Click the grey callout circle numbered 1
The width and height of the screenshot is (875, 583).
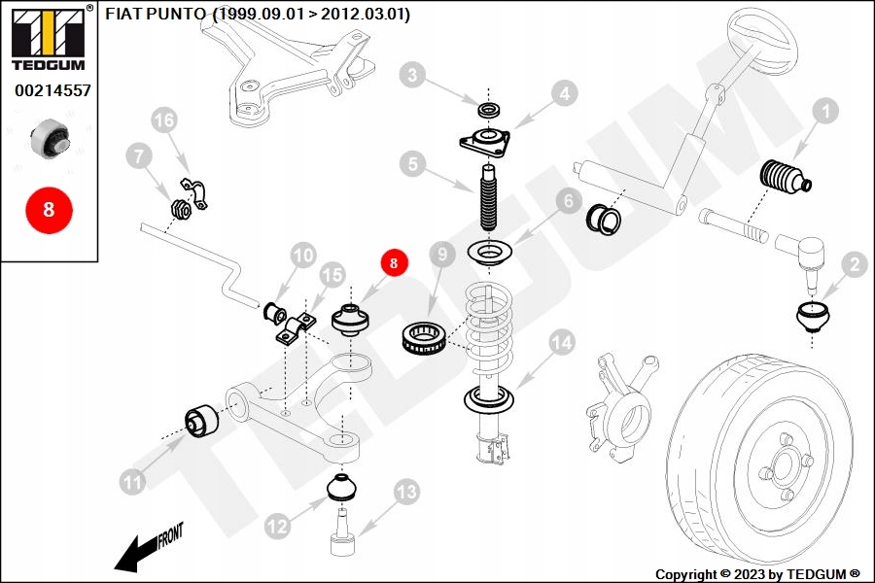[825, 112]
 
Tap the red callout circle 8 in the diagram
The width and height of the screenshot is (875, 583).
[394, 262]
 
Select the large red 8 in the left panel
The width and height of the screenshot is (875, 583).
[49, 208]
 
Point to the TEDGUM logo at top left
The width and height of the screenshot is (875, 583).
[47, 37]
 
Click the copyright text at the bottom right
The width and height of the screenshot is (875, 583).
[757, 573]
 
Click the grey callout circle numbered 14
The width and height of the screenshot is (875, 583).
[561, 342]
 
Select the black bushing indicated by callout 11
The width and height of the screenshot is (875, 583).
[201, 420]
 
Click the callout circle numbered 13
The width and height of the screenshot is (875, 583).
[404, 492]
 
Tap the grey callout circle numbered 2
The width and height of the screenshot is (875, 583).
[854, 263]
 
